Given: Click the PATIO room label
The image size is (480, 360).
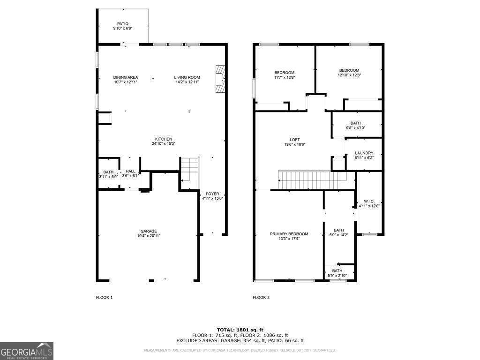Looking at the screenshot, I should point(123,24).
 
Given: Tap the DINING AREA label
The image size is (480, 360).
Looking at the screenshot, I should point(126,77).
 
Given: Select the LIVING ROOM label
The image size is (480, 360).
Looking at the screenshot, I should point(187,77).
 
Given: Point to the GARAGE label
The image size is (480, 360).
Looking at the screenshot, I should point(149,231).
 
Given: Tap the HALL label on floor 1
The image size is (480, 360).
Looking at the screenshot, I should point(130,172).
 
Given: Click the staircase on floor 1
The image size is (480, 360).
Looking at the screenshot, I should point(190,169).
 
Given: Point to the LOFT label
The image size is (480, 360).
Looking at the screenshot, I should point(294,140).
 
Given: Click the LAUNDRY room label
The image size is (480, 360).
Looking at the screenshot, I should point(364,153).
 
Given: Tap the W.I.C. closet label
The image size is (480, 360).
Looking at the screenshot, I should point(369,201).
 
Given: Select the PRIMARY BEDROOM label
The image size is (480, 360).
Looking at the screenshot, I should point(289,234).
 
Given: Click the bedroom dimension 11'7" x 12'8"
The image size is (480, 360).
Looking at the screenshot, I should point(284,77).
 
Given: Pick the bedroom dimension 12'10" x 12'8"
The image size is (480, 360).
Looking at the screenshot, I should point(349,75).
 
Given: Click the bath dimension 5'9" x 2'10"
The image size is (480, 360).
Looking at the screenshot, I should point(337,276).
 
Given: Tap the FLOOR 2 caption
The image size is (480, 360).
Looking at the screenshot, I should point(261,297).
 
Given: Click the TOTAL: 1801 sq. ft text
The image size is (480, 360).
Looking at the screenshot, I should point(240,330).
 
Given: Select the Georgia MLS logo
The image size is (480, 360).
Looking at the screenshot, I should point(27,351).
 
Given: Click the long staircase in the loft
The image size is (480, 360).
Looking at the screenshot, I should point(312,179).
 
